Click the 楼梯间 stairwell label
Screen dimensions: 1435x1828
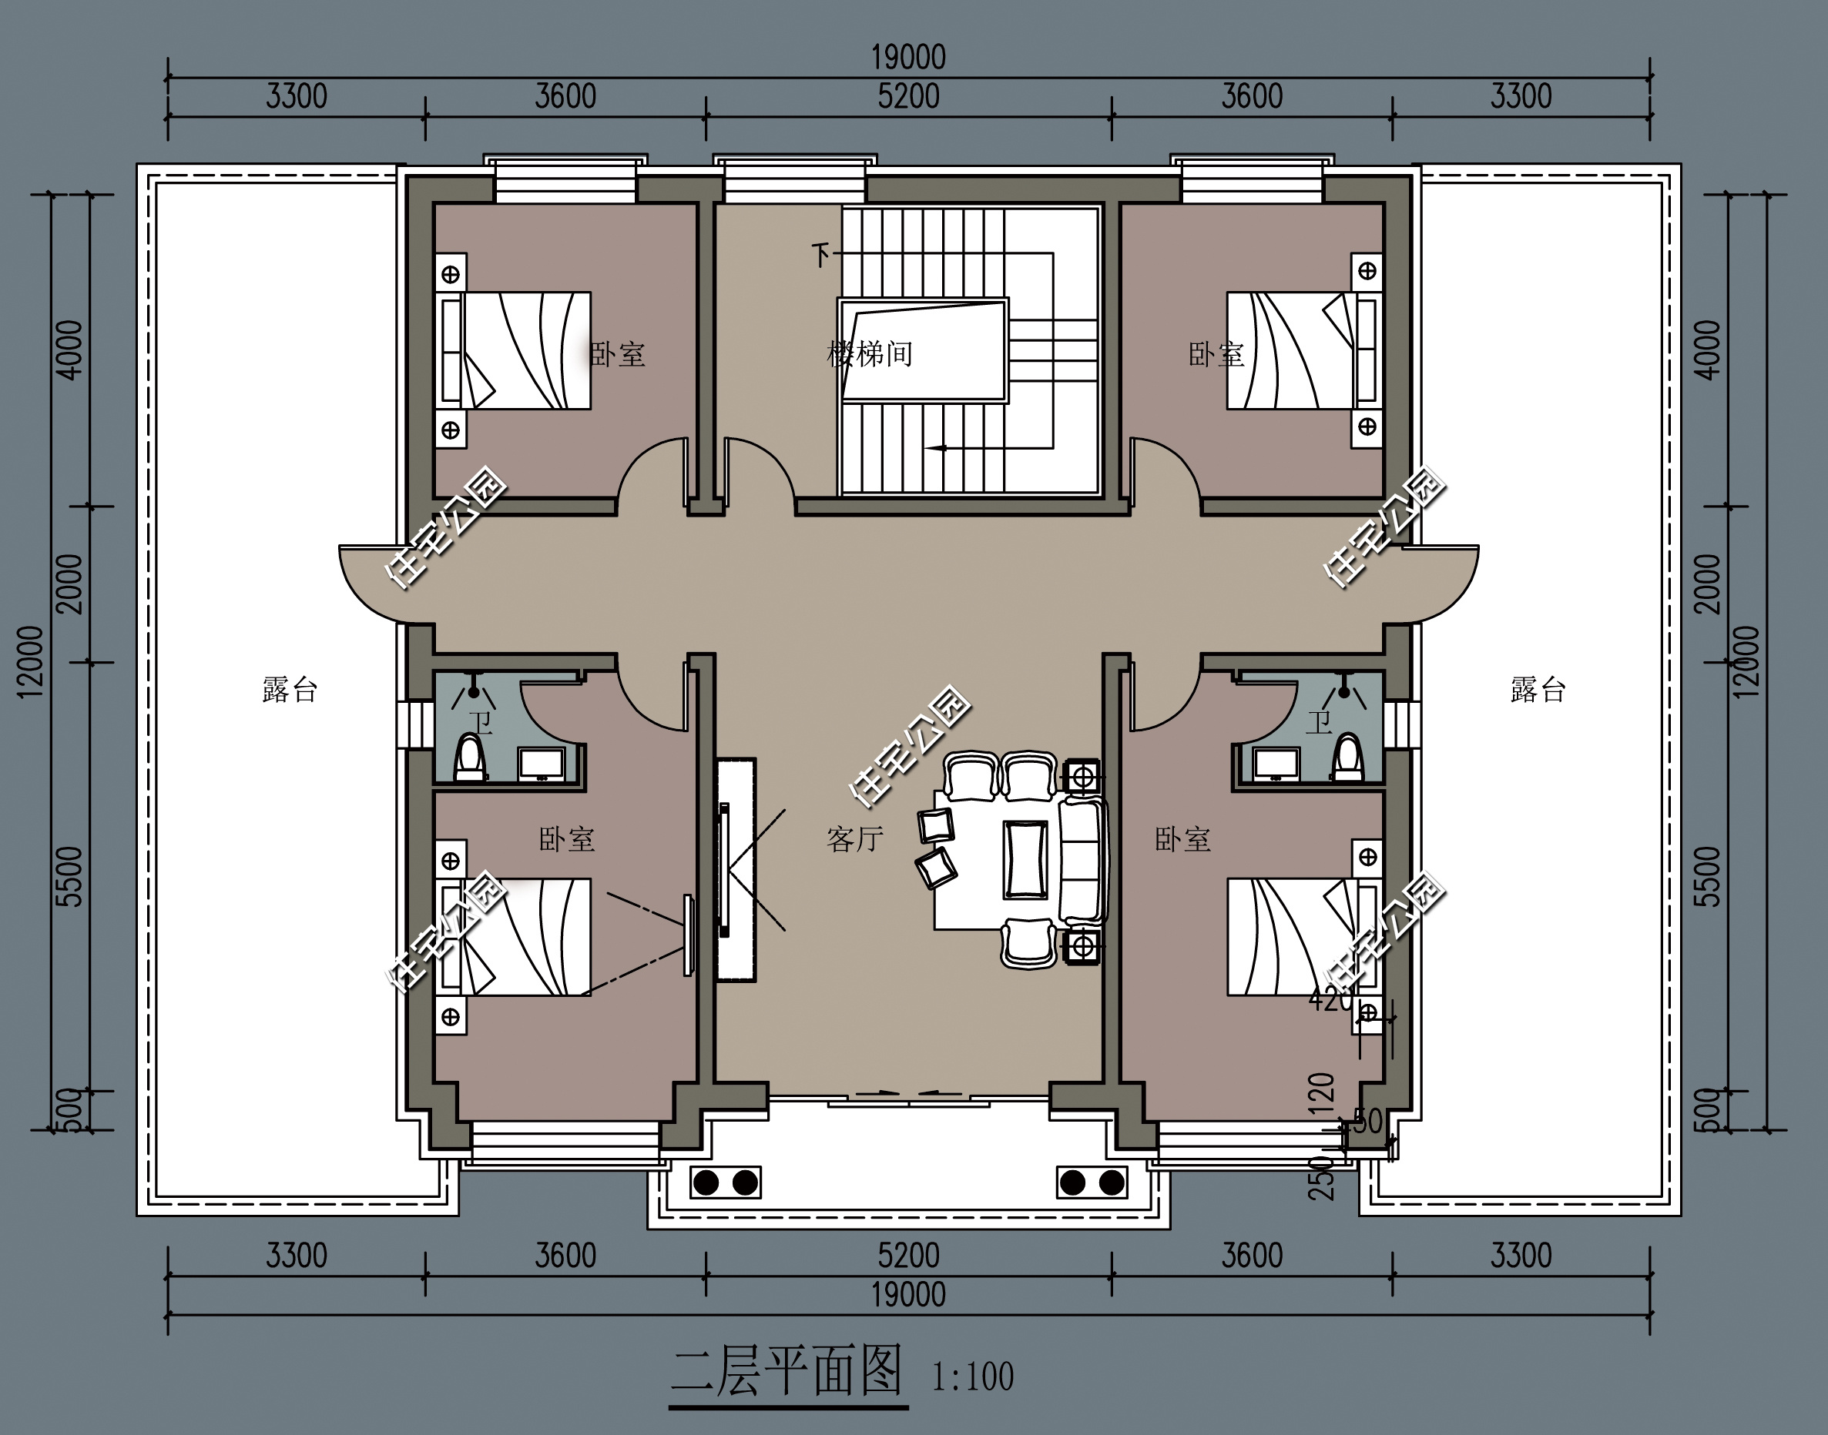870,353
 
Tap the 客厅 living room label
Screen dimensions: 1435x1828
855,838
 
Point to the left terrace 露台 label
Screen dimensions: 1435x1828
290,690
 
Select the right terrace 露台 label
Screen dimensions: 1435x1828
1538,690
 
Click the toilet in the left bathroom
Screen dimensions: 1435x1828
470,758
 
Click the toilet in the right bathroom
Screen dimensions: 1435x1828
1348,758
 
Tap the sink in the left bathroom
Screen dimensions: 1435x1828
541,764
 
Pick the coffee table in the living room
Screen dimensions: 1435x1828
1025,859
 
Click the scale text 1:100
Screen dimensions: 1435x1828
972,1377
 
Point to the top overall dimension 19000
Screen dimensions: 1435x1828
908,57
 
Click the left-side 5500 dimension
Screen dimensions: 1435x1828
72,876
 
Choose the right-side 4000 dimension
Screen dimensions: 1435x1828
1709,350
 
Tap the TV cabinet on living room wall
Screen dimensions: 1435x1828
736,870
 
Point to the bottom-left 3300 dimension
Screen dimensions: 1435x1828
296,1256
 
